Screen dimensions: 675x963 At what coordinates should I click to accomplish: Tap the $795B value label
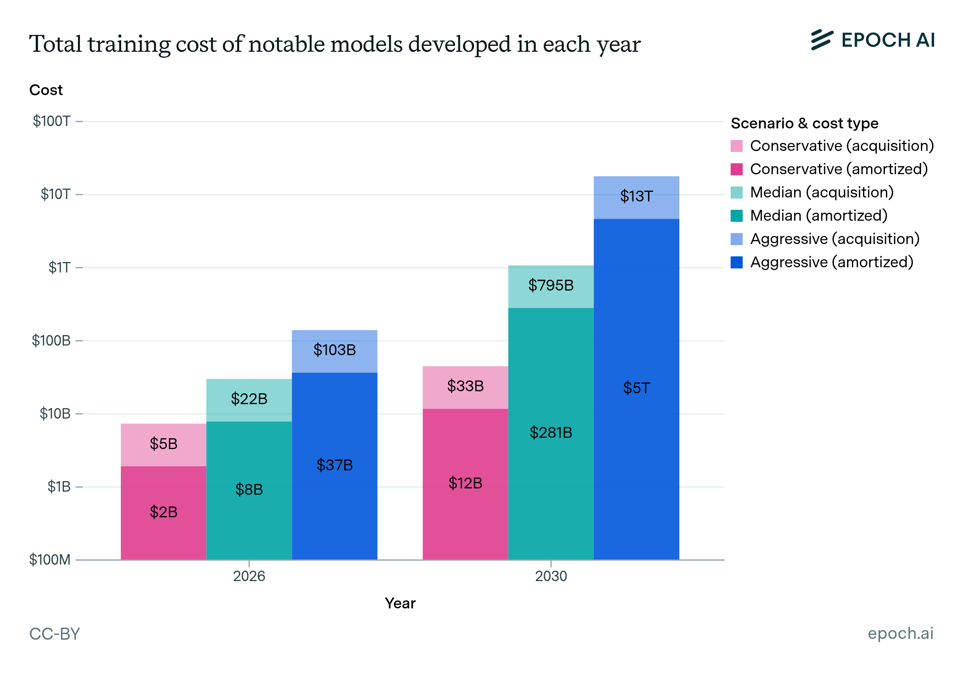click(550, 285)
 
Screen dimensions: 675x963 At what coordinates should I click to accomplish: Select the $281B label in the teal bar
click(550, 433)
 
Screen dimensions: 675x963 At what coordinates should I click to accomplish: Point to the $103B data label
click(334, 350)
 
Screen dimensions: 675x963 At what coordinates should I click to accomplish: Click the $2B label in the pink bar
click(164, 512)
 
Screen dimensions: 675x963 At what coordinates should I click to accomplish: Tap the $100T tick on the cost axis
click(52, 121)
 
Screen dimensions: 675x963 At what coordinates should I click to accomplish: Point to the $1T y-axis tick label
click(59, 267)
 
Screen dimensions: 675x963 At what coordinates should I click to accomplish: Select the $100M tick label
click(49, 560)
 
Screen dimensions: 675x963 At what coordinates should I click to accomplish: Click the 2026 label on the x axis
click(249, 576)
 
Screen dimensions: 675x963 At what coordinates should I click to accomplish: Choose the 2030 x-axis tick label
click(550, 576)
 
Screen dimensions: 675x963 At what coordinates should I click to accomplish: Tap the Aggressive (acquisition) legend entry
click(834, 239)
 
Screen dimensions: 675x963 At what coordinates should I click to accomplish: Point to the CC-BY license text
click(55, 634)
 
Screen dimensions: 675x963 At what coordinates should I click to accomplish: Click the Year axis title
click(400, 603)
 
